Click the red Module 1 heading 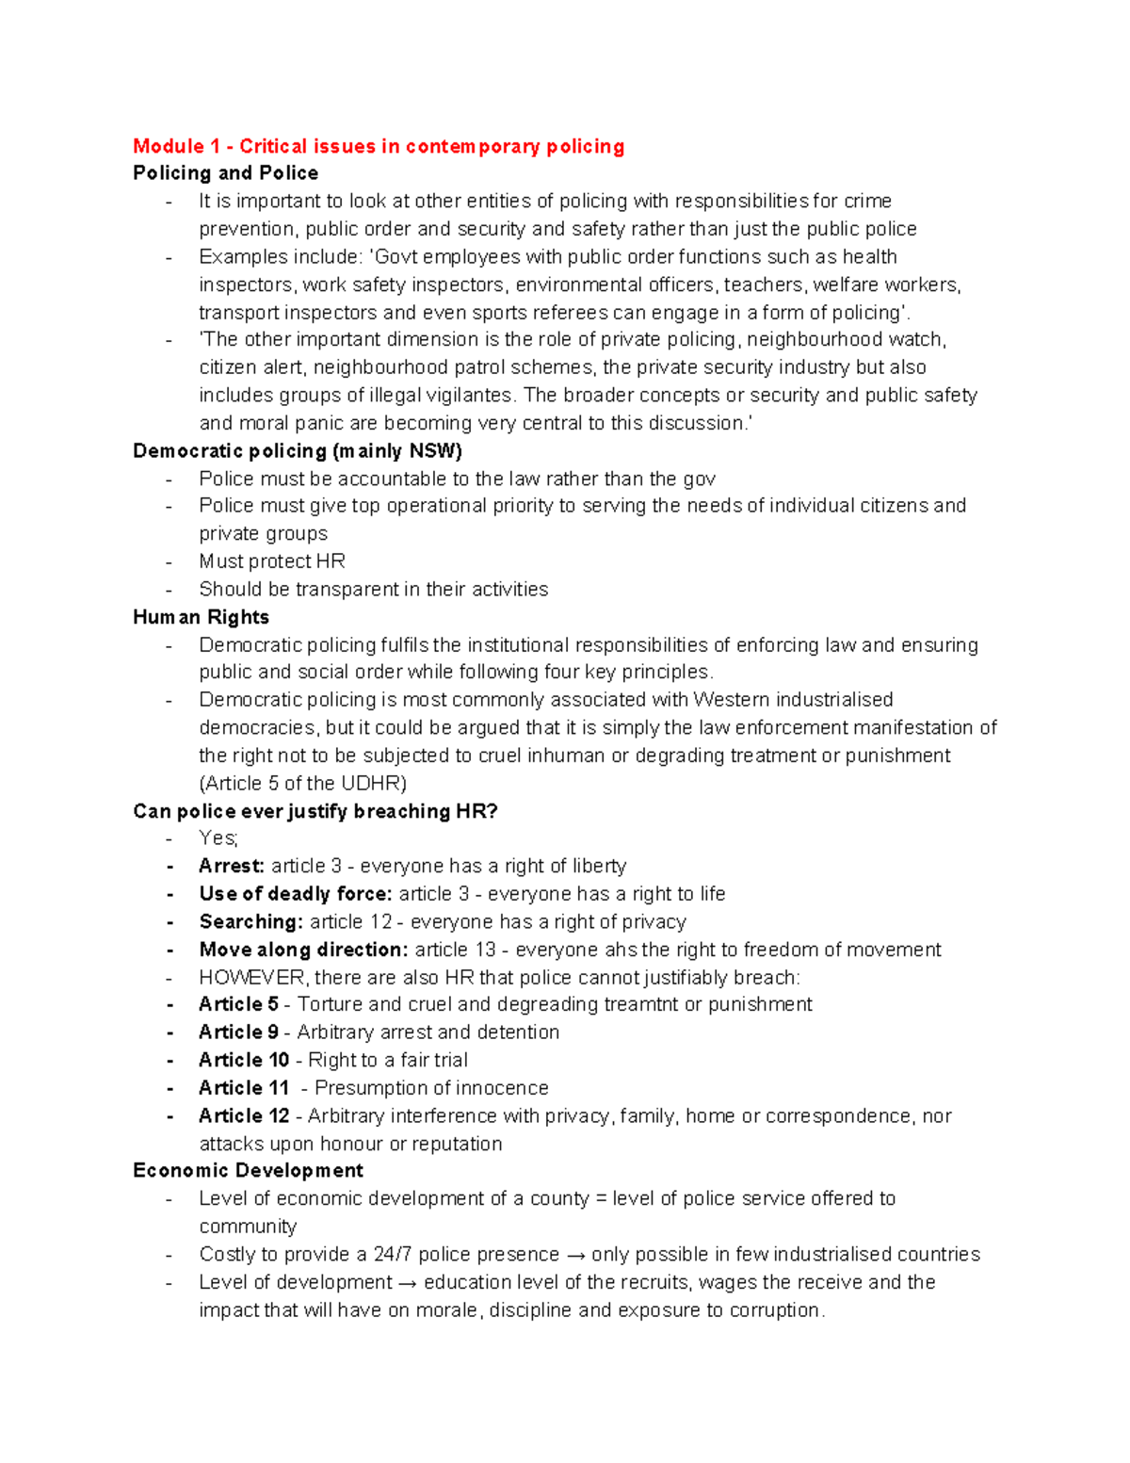[x=379, y=146]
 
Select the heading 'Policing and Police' [x=225, y=173]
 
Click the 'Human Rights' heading [x=201, y=617]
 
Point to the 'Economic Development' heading [x=248, y=1171]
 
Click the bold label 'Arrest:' [x=232, y=866]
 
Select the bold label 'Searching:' [x=250, y=921]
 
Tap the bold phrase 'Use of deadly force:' [x=295, y=894]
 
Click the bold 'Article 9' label [x=238, y=1032]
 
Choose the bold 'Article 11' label [x=243, y=1088]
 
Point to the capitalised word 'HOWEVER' [x=251, y=978]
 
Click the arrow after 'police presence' [x=574, y=1255]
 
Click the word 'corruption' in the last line [x=772, y=1310]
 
